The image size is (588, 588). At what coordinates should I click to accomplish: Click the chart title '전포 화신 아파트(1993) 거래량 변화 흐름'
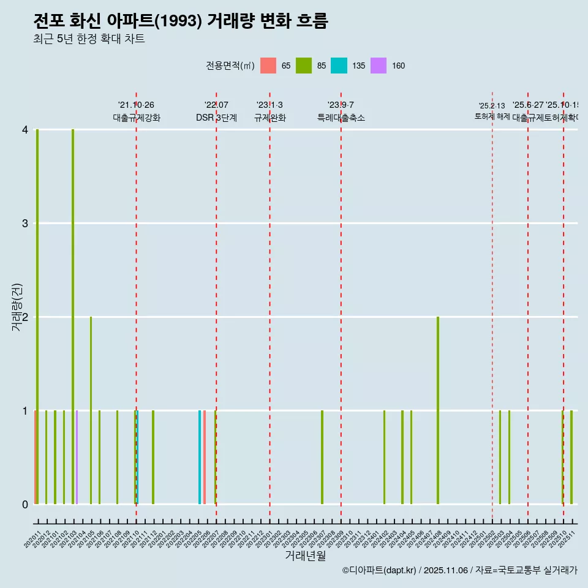pos(181,21)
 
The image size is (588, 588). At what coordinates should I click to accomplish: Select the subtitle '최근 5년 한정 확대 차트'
pos(89,39)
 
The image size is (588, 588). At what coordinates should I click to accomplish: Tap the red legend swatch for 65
pos(268,66)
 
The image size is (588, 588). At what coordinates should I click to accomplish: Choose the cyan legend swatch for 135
pos(339,66)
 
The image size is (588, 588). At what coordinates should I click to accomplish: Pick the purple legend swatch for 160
pos(379,66)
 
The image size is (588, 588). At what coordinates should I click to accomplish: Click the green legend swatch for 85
pos(304,66)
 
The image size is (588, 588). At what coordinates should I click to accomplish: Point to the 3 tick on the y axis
pos(25,224)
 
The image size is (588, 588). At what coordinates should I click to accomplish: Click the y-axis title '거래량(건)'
pos(17,307)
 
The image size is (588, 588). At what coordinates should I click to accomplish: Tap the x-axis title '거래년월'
pos(305,556)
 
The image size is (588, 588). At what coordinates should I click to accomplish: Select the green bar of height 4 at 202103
pos(73,317)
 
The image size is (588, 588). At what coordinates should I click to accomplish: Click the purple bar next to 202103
pos(77,457)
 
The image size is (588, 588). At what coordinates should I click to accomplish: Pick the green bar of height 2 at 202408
pos(438,410)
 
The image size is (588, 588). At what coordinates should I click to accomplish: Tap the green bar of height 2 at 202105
pos(91,410)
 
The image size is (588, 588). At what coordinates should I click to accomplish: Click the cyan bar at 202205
pos(200,457)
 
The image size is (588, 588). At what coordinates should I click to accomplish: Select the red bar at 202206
pos(205,457)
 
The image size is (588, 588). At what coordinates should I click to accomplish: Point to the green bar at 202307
pos(322,457)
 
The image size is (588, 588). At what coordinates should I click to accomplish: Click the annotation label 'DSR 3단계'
pos(216,118)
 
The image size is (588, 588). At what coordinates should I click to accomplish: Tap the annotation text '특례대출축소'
pos(341,118)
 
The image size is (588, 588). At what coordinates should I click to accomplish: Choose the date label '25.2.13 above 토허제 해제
pos(492,106)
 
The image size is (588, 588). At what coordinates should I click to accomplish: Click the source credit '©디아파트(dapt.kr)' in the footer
pos(379,570)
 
